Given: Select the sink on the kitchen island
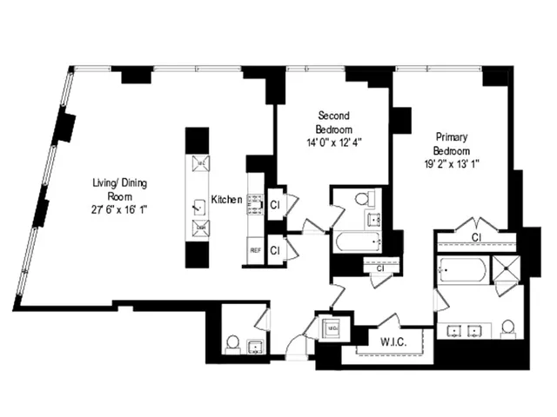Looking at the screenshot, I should (x=198, y=207).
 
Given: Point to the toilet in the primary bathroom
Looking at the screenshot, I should (x=509, y=328).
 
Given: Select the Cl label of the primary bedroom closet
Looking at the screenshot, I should (x=477, y=236).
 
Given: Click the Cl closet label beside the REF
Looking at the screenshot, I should (x=275, y=250).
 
